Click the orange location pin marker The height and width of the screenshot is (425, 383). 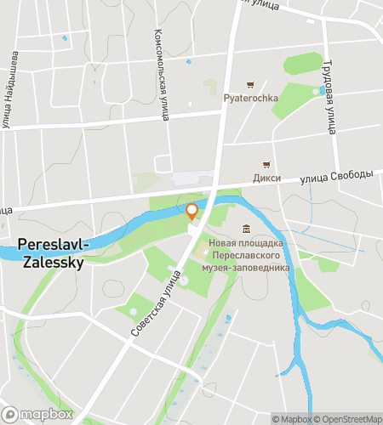pos(192,211)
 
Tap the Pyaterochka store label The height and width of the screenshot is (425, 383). pos(250,99)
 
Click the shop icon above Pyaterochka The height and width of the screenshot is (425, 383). pos(250,84)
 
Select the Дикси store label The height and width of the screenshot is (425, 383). pos(266,178)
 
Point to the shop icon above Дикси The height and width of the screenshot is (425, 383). pos(266,164)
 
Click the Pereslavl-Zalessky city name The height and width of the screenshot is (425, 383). pos(50,253)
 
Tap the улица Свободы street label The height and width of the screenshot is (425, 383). pos(337,177)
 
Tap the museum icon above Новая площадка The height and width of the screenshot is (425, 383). pos(246,229)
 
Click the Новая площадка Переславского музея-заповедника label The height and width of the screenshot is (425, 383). pos(247,255)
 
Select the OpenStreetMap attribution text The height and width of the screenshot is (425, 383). pos(348,418)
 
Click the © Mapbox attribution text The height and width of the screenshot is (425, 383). pos(291,418)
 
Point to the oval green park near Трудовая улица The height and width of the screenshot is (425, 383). pos(303,64)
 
